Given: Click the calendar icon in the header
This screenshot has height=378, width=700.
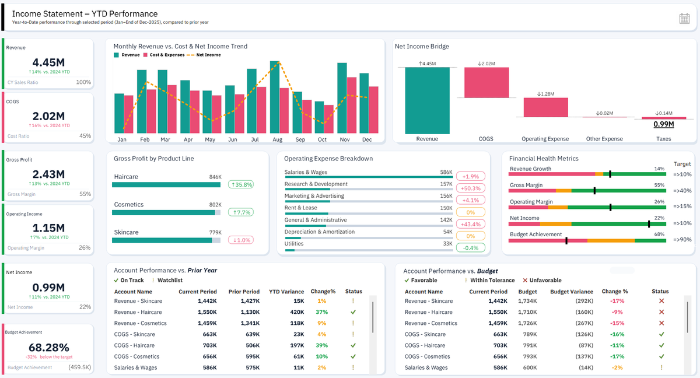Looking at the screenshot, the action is point(684,19).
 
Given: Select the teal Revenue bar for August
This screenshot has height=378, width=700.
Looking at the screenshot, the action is point(275,97).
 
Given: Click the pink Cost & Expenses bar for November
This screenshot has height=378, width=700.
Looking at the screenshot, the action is point(352,105).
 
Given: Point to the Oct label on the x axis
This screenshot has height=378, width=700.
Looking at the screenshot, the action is point(322,139).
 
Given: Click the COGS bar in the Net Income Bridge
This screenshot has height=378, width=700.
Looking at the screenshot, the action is point(487,82).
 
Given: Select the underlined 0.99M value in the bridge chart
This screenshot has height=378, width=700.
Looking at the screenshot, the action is point(664,124).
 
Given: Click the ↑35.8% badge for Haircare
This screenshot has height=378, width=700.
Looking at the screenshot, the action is point(240,185).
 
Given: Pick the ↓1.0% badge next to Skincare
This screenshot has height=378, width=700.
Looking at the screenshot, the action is point(240,240).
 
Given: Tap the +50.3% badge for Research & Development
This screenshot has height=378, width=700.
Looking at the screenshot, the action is point(471,188).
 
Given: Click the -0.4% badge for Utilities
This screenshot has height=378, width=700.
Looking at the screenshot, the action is point(471,248).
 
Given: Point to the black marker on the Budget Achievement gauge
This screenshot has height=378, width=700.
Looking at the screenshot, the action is point(566,240).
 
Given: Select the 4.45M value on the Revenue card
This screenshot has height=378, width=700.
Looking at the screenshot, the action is point(48,62).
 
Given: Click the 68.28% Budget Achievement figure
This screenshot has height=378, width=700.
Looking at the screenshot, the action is point(49,348).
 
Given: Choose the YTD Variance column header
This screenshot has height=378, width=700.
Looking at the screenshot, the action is point(286,292).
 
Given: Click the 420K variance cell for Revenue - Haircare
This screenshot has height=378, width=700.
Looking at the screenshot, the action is point(297,312).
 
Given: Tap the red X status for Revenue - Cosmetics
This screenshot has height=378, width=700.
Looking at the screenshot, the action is point(661,323).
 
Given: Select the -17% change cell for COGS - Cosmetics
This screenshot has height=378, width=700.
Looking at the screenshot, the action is point(617,356).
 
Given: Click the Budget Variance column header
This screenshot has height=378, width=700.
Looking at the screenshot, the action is point(572,292).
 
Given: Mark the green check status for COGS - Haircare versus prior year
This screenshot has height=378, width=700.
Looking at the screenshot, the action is point(353,345).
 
